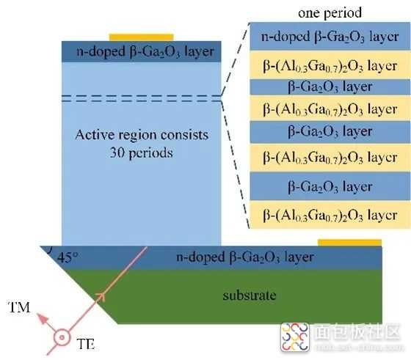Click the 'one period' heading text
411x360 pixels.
pos(330,12)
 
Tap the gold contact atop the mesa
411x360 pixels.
pos(141,37)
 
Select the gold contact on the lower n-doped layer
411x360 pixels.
pos(349,243)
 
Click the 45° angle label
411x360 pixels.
pos(68,257)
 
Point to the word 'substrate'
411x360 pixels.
pos(250,295)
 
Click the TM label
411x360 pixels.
pos(19,307)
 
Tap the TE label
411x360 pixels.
pos(86,344)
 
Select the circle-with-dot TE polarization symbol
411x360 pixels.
pos(62,337)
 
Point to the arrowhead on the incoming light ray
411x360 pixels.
pos(101,297)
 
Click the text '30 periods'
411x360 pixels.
pos(142,153)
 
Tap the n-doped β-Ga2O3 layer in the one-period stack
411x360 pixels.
pos(330,36)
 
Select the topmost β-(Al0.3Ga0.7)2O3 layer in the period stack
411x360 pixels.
pos(330,65)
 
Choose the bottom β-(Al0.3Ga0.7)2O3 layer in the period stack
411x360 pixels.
pos(330,215)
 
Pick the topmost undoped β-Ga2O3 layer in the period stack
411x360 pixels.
pos(330,87)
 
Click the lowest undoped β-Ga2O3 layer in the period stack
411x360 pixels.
pos(330,186)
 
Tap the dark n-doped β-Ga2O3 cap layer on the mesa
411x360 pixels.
pos(141,51)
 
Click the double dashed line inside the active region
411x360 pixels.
pos(141,98)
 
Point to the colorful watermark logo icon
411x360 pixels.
pos(295,337)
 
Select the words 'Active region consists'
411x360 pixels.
pos(142,135)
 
